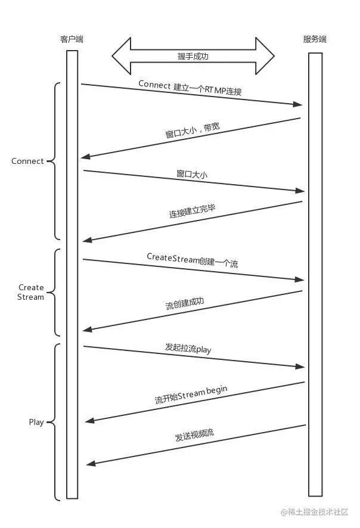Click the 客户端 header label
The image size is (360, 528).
[x=72, y=39]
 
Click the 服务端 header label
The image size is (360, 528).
[x=315, y=39]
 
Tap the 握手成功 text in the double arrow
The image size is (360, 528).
[x=193, y=56]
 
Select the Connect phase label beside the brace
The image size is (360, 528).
[x=27, y=161]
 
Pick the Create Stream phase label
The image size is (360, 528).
[x=30, y=292]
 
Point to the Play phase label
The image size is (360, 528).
[x=36, y=423]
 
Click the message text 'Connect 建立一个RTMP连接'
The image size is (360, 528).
[x=190, y=88]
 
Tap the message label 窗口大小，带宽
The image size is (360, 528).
[x=193, y=131]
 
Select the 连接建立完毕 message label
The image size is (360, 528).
[x=193, y=211]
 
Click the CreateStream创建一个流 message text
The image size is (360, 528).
[x=193, y=260]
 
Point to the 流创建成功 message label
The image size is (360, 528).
[x=185, y=304]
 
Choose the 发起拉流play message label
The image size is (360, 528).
[x=188, y=348]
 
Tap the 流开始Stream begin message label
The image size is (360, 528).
[x=191, y=395]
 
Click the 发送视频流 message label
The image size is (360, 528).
[x=194, y=435]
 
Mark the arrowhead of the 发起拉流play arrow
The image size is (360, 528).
[x=300, y=367]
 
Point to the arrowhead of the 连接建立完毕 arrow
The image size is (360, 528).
[x=87, y=240]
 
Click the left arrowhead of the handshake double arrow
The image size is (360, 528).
[x=121, y=56]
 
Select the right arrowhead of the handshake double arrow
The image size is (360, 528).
[x=265, y=56]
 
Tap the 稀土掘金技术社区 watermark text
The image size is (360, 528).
[x=315, y=512]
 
